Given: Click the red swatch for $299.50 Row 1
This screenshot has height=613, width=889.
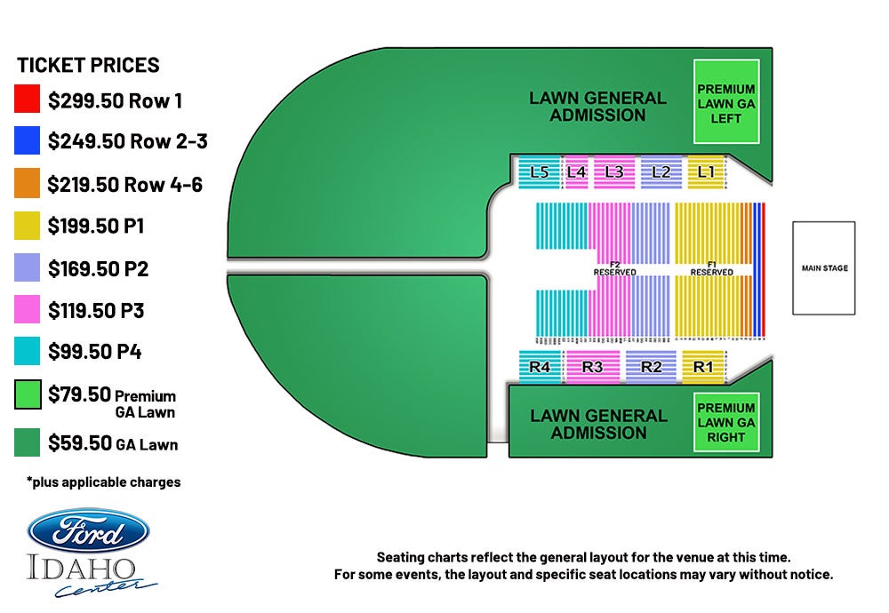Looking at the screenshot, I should [28, 100].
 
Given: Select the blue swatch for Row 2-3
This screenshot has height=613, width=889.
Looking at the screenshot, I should [28, 141].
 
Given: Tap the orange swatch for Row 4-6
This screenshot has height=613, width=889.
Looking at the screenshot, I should [28, 184].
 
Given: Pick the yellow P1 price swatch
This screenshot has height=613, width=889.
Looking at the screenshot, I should [28, 226].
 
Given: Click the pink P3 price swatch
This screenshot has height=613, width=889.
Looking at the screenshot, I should [28, 310].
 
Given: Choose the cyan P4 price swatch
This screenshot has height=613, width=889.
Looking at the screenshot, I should [28, 352].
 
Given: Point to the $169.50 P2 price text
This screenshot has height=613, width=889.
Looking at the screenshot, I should [98, 268].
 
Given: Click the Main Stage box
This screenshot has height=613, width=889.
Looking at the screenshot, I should [824, 268].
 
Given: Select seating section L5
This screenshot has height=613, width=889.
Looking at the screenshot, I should [539, 172].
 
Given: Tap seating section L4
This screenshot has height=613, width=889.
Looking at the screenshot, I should [576, 172].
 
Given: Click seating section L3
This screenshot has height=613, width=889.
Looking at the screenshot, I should [613, 172].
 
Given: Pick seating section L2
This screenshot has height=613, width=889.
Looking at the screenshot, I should [661, 172].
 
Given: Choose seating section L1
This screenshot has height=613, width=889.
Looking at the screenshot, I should [707, 171].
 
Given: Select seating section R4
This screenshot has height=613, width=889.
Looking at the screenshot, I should [540, 366].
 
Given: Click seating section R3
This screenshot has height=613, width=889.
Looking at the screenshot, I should [592, 366].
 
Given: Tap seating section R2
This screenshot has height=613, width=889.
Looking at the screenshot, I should [652, 366].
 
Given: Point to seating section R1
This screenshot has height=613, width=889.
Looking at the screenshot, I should [703, 366].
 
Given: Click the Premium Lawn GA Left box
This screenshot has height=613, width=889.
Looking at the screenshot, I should [726, 101].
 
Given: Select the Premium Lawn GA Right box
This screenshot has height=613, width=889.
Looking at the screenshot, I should [726, 423].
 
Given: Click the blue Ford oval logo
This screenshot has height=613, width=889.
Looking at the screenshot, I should [88, 533].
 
